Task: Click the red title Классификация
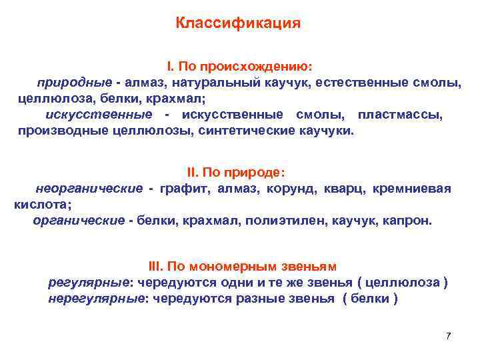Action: (x=239, y=23)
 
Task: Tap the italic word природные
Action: (x=73, y=83)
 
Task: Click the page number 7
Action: (x=448, y=335)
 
